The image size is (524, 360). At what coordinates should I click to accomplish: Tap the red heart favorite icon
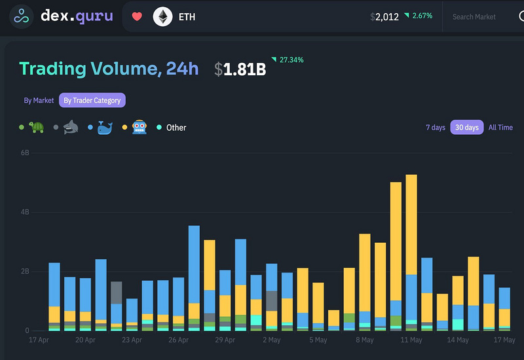(x=137, y=16)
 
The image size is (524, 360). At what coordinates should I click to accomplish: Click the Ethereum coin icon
(x=162, y=16)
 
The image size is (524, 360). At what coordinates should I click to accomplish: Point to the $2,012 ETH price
(x=384, y=16)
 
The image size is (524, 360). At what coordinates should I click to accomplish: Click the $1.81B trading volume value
(x=240, y=69)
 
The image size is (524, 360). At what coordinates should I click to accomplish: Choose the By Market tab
(x=39, y=100)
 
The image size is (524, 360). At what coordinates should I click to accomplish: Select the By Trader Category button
(x=92, y=100)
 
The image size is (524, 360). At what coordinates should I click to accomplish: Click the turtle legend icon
(x=36, y=127)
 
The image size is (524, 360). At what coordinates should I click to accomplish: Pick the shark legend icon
(x=71, y=127)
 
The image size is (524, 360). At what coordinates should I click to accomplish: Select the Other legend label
(x=176, y=128)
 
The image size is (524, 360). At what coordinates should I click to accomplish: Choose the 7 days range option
(x=436, y=127)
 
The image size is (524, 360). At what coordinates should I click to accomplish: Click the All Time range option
(x=500, y=127)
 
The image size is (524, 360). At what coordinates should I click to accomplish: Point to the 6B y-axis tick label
(x=24, y=153)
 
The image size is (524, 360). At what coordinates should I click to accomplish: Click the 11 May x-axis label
(x=411, y=340)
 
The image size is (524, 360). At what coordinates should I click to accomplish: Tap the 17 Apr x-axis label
(x=39, y=340)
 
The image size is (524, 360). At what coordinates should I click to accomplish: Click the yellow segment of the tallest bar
(x=411, y=223)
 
